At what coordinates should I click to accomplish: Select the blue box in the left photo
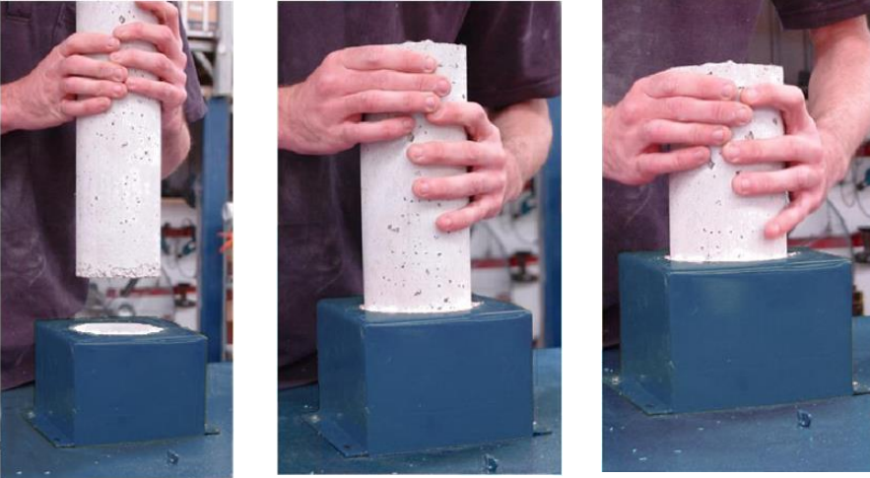click(x=119, y=384)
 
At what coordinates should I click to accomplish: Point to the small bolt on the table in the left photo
click(x=173, y=456)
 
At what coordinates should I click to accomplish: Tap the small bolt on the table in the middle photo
click(x=490, y=462)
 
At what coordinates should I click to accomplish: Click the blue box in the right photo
click(x=734, y=330)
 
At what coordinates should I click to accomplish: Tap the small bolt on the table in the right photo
click(x=803, y=418)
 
